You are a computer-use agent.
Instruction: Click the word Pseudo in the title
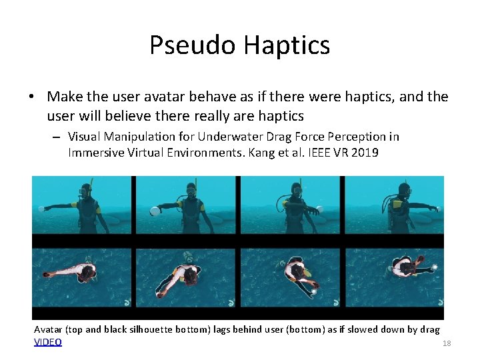(x=192, y=45)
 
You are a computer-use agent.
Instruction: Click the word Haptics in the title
(x=287, y=45)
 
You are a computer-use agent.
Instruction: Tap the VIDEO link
(x=48, y=342)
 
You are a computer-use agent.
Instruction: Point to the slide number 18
(x=447, y=343)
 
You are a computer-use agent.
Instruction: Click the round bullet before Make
(x=32, y=97)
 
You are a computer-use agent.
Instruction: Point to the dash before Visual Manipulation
(x=56, y=137)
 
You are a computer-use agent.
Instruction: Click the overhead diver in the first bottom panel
(x=73, y=272)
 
